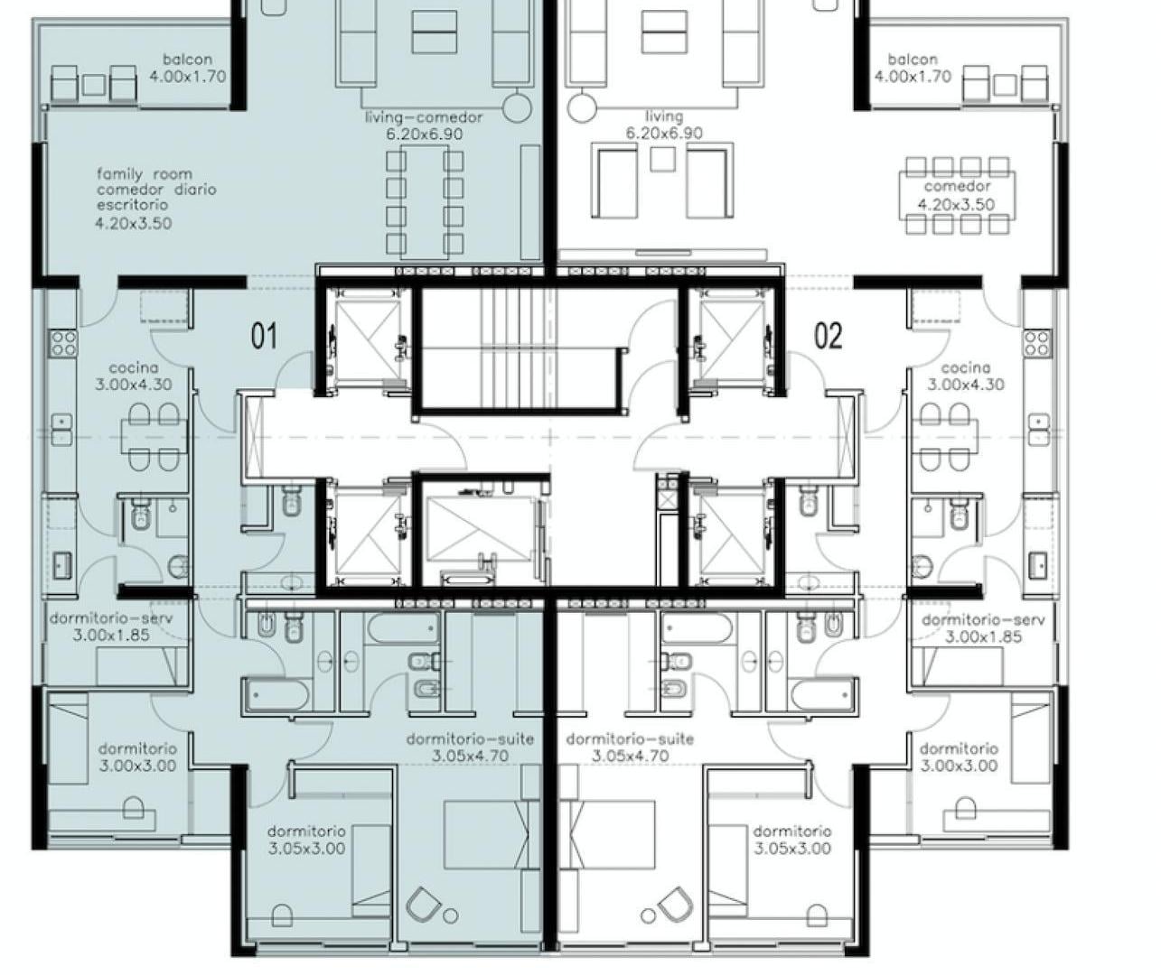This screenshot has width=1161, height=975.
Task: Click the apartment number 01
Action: pyautogui.click(x=264, y=336)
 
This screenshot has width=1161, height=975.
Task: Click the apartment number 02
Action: pyautogui.click(x=829, y=336)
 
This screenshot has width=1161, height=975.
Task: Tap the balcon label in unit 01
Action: pyautogui.click(x=187, y=59)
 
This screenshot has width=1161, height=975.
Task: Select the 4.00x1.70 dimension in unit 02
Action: pyautogui.click(x=913, y=76)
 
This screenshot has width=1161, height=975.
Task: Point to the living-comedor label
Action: pyautogui.click(x=424, y=117)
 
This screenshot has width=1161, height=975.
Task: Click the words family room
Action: pyautogui.click(x=145, y=174)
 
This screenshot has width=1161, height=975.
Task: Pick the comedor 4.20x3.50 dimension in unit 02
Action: pyautogui.click(x=956, y=204)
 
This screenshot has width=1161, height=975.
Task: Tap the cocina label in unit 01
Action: pyautogui.click(x=134, y=367)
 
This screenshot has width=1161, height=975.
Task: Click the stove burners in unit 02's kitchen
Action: pyautogui.click(x=1037, y=343)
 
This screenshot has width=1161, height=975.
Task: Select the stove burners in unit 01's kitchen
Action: pyautogui.click(x=63, y=343)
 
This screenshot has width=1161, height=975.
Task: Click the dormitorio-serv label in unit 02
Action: pyautogui.click(x=983, y=619)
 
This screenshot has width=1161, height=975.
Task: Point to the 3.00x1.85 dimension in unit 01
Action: pyautogui.click(x=111, y=635)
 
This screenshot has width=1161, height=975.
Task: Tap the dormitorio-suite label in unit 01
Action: pyautogui.click(x=470, y=738)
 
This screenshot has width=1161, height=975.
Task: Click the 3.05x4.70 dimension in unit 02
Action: pyautogui.click(x=630, y=756)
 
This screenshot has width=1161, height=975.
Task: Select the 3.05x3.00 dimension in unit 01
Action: pyautogui.click(x=306, y=849)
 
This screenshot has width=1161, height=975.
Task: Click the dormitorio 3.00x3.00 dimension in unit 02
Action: pyautogui.click(x=959, y=766)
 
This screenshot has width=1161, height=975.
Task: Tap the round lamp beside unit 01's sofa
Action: pyautogui.click(x=517, y=107)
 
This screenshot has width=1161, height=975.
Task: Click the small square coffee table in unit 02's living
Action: pyautogui.click(x=663, y=159)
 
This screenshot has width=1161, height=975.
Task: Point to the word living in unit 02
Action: pyautogui.click(x=664, y=116)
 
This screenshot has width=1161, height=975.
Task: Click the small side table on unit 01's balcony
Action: pyautogui.click(x=93, y=85)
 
